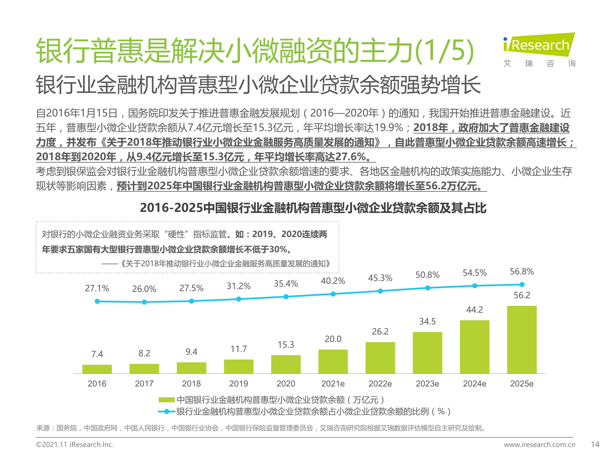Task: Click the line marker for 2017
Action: point(144,302)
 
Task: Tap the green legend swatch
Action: point(167,400)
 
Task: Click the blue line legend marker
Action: point(167,411)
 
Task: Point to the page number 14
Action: point(595,444)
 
